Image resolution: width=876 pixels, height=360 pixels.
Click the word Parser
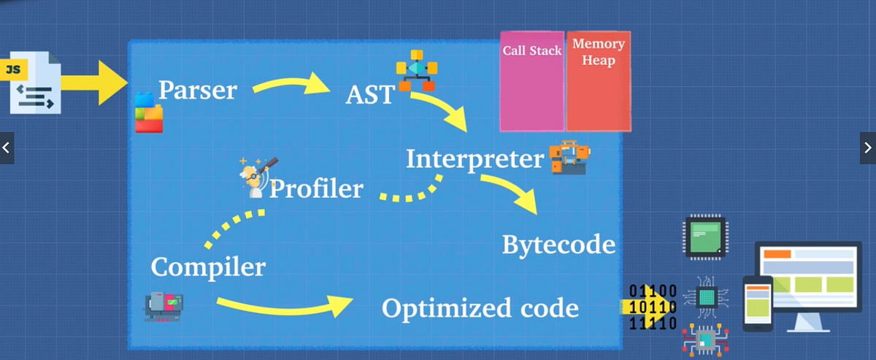point(197,90)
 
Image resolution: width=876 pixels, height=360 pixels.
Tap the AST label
point(370,95)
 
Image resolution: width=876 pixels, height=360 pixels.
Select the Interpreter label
point(474,159)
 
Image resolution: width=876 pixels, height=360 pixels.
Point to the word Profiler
point(316,189)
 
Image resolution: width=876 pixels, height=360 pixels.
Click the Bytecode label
point(558,245)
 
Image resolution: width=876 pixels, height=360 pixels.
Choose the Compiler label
point(207,267)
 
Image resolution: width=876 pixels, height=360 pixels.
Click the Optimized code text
point(480,308)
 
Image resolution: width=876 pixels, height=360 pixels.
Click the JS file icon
point(34,81)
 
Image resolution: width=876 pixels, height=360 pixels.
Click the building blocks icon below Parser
point(149,112)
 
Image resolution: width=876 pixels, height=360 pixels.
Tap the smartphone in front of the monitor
point(757,303)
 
